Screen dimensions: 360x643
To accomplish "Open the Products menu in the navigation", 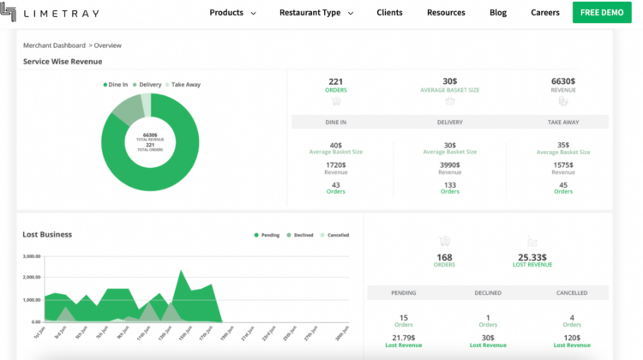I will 232,13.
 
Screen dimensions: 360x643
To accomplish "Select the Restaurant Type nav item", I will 315,13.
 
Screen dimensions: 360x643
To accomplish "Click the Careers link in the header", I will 545,13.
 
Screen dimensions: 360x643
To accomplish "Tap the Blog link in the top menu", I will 498,13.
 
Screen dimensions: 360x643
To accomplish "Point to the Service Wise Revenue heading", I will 63,62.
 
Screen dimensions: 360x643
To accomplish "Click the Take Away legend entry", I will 185,85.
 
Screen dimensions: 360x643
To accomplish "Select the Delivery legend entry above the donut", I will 149,85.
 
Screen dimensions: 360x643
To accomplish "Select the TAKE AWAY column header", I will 563,123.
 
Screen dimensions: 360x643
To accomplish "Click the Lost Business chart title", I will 47,234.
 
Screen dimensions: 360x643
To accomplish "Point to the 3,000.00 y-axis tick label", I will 32,256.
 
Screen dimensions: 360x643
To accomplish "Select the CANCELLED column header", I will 572,293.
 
